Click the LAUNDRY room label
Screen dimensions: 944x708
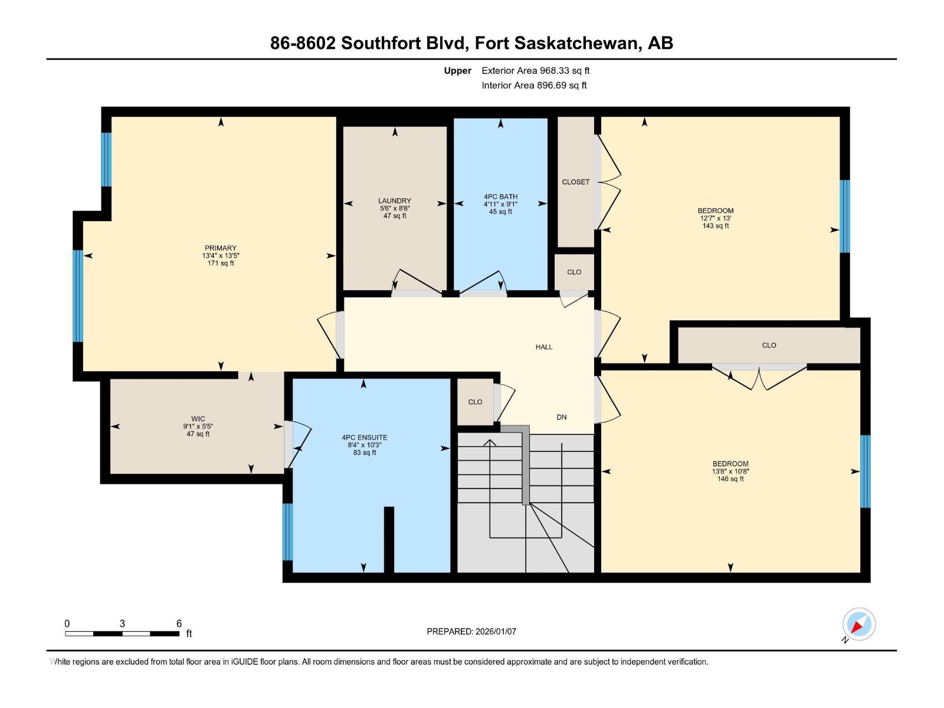pyautogui.click(x=394, y=201)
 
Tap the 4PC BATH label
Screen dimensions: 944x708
pyautogui.click(x=500, y=196)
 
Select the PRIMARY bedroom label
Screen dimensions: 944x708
pyautogui.click(x=221, y=248)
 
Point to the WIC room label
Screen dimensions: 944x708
pyautogui.click(x=198, y=419)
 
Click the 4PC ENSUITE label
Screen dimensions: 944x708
pyautogui.click(x=365, y=438)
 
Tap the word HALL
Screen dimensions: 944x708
pyautogui.click(x=544, y=347)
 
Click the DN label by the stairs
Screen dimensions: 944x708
pyautogui.click(x=562, y=417)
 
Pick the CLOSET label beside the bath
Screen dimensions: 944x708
pyautogui.click(x=575, y=182)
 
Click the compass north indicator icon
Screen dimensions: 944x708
pyautogui.click(x=859, y=624)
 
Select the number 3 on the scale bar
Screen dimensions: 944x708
pyautogui.click(x=122, y=623)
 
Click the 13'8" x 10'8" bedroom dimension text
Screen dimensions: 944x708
pyautogui.click(x=730, y=471)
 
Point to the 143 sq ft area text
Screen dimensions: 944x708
pyautogui.click(x=716, y=226)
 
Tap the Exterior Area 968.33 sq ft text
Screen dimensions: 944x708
pyautogui.click(x=536, y=70)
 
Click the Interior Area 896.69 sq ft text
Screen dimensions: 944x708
pyautogui.click(x=534, y=85)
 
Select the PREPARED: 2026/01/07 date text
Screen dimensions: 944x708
pyautogui.click(x=471, y=631)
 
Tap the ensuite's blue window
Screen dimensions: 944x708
pyautogui.click(x=288, y=532)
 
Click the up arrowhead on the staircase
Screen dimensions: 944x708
pyautogui.click(x=490, y=442)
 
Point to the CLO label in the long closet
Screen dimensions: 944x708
pyautogui.click(x=769, y=345)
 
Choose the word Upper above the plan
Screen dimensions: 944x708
pyautogui.click(x=458, y=70)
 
